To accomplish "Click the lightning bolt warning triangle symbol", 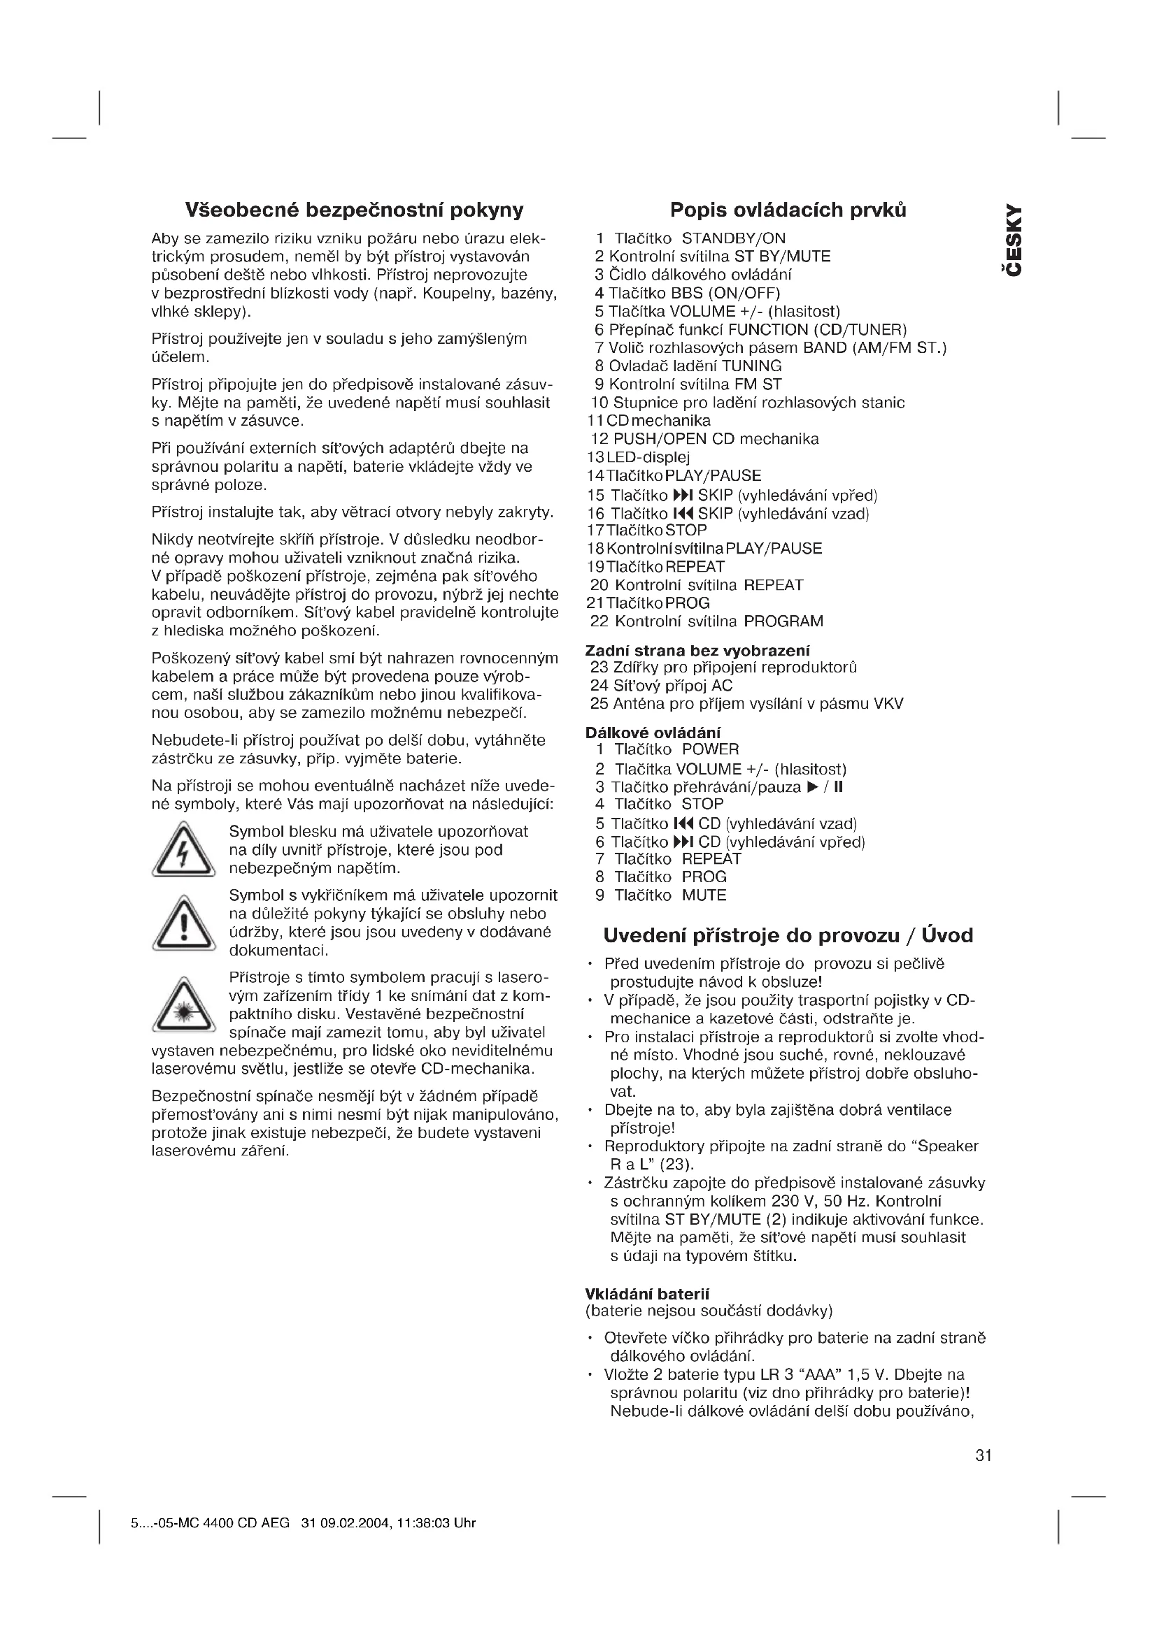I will pyautogui.click(x=183, y=849).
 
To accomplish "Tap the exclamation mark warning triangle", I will pyautogui.click(x=184, y=923).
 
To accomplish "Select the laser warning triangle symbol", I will pyautogui.click(x=184, y=1004).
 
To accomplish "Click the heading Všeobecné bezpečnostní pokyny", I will pyautogui.click(x=354, y=210).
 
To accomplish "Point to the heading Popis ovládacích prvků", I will pyautogui.click(x=788, y=210).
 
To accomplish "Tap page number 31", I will pyautogui.click(x=983, y=1455).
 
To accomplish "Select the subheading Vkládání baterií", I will pyautogui.click(x=647, y=1294).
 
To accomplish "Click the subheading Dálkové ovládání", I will pyautogui.click(x=653, y=733).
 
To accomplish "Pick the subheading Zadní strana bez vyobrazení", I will pyautogui.click(x=697, y=650).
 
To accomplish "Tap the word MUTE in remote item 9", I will pyautogui.click(x=704, y=895).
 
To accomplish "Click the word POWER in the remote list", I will pyautogui.click(x=710, y=749).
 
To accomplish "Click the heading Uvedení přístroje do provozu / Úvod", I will pyautogui.click(x=788, y=935).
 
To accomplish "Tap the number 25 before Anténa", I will pyautogui.click(x=599, y=705).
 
